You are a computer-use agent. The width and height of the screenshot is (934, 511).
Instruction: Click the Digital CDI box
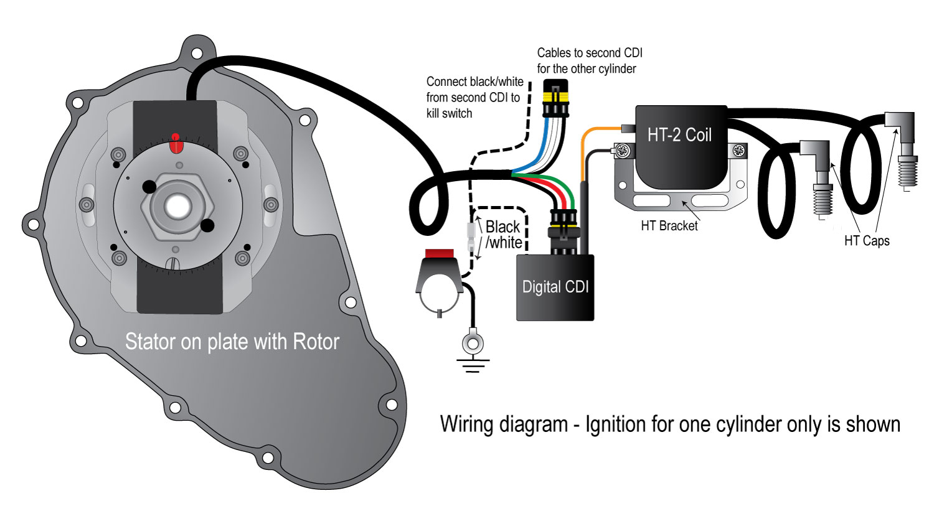pyautogui.click(x=555, y=288)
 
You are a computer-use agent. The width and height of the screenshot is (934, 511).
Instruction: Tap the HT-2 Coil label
pyautogui.click(x=680, y=135)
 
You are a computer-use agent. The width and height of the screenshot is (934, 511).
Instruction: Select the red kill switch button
pyautogui.click(x=439, y=253)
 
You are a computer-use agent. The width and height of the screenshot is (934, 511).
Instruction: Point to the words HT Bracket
pyautogui.click(x=669, y=226)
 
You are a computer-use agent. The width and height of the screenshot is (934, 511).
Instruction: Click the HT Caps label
pyautogui.click(x=867, y=241)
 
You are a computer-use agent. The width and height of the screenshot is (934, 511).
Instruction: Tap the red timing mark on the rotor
pyautogui.click(x=176, y=144)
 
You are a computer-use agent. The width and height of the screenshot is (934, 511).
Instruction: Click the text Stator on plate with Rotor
pyautogui.click(x=232, y=342)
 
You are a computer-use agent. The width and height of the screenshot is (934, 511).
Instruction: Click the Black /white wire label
pyautogui.click(x=504, y=235)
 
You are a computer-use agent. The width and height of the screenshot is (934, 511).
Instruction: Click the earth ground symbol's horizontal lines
pyautogui.click(x=473, y=365)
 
